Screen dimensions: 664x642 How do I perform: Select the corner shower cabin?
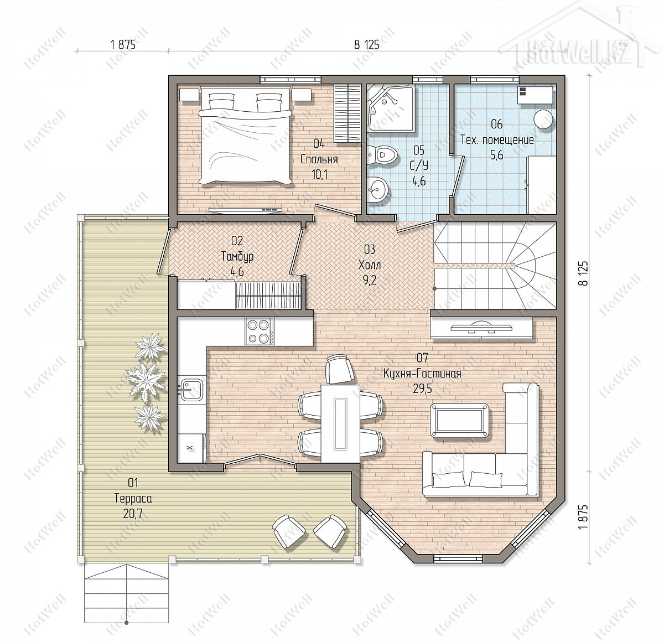[391, 108]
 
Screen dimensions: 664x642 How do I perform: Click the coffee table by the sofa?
[459, 421]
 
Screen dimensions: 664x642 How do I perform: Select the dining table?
[340, 423]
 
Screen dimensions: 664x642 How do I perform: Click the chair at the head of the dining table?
[340, 369]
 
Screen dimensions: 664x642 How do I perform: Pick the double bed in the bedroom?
[246, 135]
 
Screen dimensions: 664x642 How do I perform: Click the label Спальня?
[319, 159]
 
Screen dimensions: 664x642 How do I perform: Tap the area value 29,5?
[422, 389]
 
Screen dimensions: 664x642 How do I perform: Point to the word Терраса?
[133, 499]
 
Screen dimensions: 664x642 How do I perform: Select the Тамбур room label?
[237, 256]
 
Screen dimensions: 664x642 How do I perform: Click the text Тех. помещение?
[497, 140]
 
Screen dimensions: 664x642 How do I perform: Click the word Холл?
[370, 265]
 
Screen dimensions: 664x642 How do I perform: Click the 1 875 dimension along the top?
[123, 45]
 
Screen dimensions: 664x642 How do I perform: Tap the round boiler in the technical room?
[542, 119]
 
